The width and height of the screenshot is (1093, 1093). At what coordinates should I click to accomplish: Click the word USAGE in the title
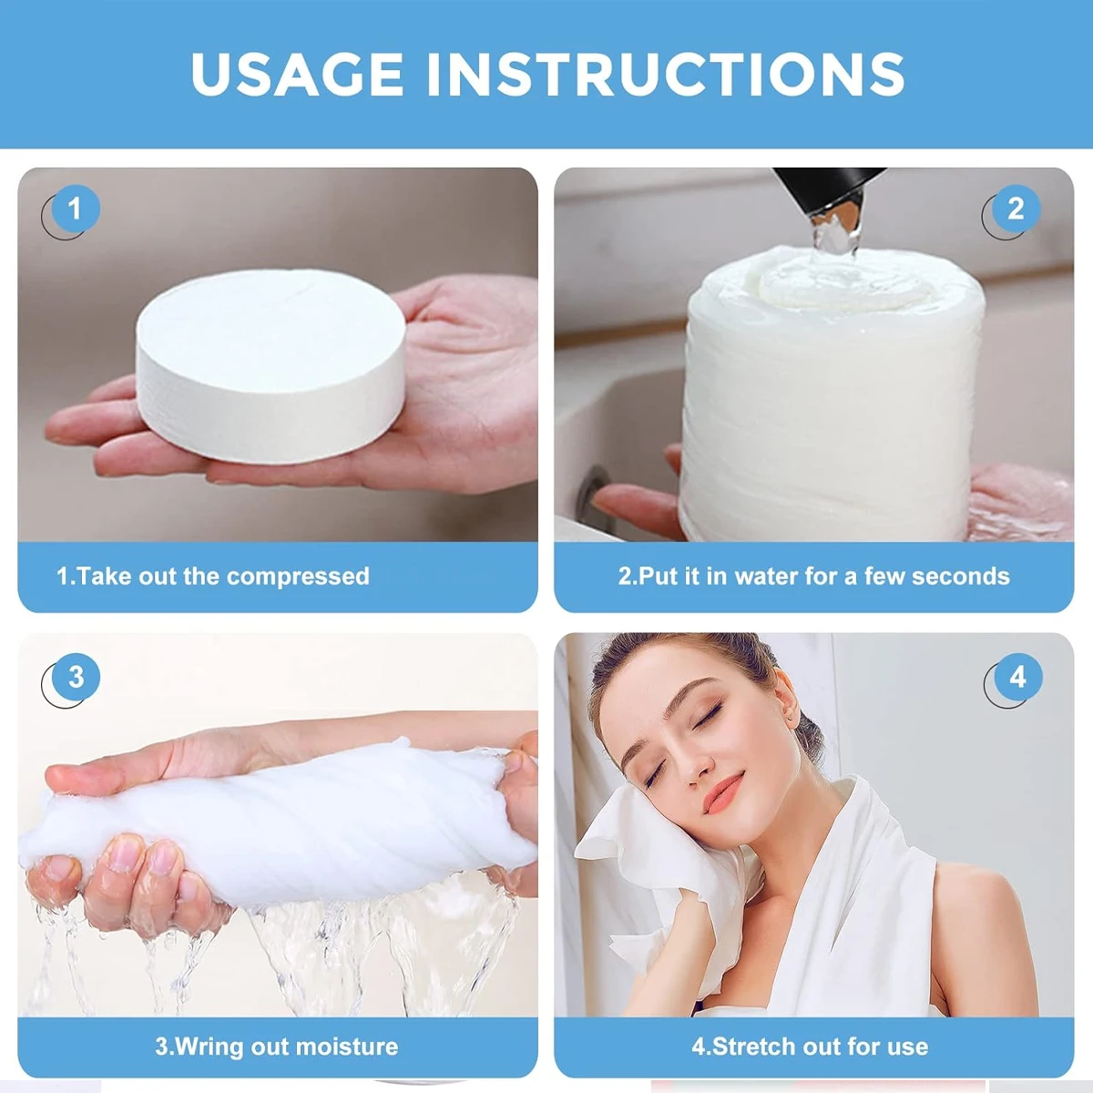pyautogui.click(x=297, y=74)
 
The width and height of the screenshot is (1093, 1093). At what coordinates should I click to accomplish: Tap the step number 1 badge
pyautogui.click(x=74, y=209)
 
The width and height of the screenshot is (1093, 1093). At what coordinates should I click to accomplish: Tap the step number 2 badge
pyautogui.click(x=1016, y=209)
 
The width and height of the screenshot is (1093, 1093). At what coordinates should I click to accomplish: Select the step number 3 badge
pyautogui.click(x=76, y=678)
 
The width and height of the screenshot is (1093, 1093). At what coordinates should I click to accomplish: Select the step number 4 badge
pyautogui.click(x=1016, y=678)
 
